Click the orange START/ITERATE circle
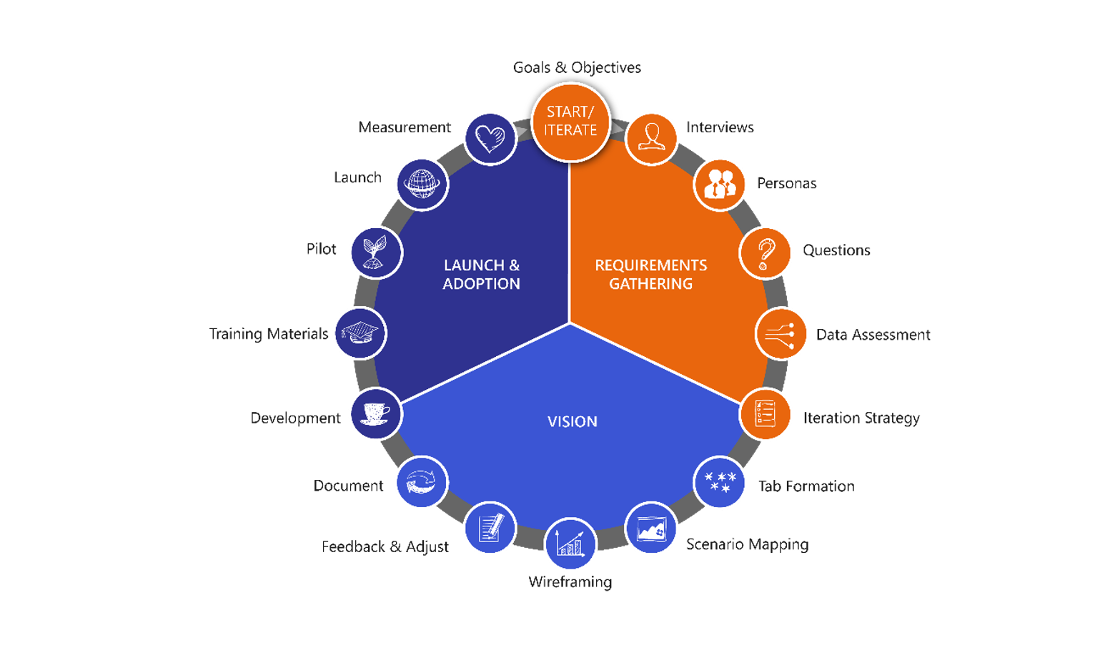[571, 122]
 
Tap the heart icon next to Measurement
[490, 139]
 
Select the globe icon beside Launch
[422, 184]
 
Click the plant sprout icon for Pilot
[375, 252]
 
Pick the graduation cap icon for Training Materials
[360, 333]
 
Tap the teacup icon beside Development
[375, 413]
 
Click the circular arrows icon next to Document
[421, 481]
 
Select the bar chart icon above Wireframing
[570, 543]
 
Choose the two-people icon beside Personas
[720, 185]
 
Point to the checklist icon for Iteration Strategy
[765, 413]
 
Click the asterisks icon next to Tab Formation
[720, 481]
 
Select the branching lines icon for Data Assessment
[780, 335]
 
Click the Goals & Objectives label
[577, 67]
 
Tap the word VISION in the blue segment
[573, 421]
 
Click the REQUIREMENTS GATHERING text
[650, 275]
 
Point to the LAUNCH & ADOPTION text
[482, 275]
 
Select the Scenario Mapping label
[748, 544]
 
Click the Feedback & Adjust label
[385, 547]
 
